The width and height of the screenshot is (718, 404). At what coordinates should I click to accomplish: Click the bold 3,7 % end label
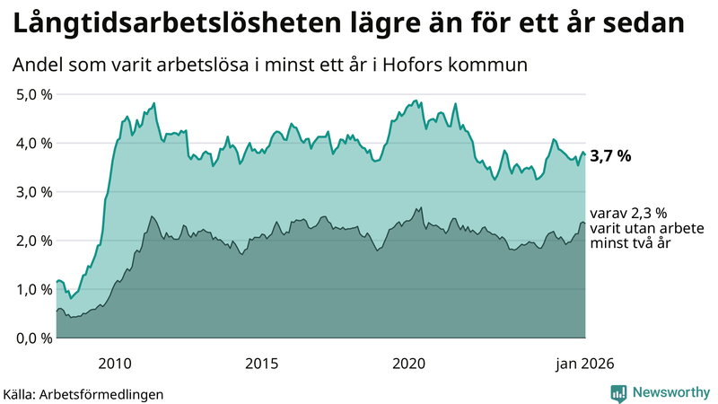(610, 155)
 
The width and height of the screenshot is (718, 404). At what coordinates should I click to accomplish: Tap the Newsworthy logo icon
(618, 392)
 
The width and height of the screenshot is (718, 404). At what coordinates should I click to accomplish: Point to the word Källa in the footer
(23, 394)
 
